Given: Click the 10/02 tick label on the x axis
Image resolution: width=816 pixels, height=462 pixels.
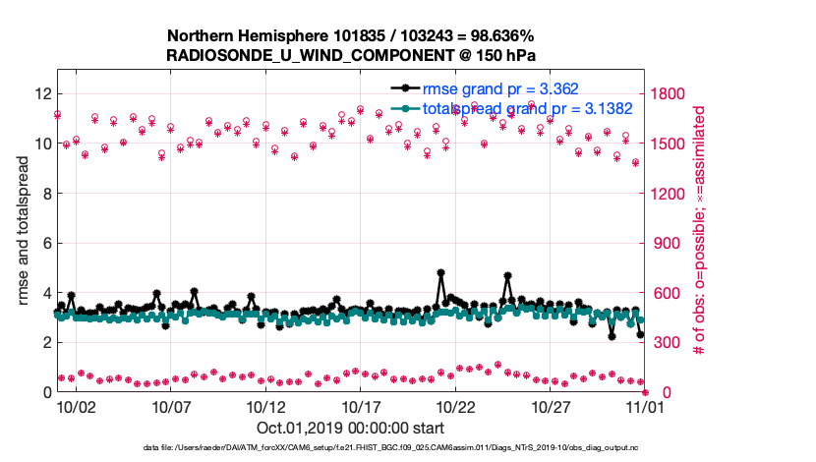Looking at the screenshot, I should pos(76,406).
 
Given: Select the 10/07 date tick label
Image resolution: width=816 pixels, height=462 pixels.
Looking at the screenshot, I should pos(171,406).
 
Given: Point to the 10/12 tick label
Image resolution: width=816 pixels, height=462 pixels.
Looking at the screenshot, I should pos(265,406).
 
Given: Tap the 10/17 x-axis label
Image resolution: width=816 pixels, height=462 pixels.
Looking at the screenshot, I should pos(361,406).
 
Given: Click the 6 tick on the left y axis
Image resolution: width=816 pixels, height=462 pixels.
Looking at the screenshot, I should pos(46,243).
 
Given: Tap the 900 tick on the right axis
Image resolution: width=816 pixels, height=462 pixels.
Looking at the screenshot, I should pos(662,243).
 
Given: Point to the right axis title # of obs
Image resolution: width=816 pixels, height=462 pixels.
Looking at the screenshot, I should pos(700,231).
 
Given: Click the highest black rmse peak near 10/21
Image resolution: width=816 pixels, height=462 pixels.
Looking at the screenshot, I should pos(441,272).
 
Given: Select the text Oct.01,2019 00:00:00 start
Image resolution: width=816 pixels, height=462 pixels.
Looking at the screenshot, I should pos(351,429).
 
